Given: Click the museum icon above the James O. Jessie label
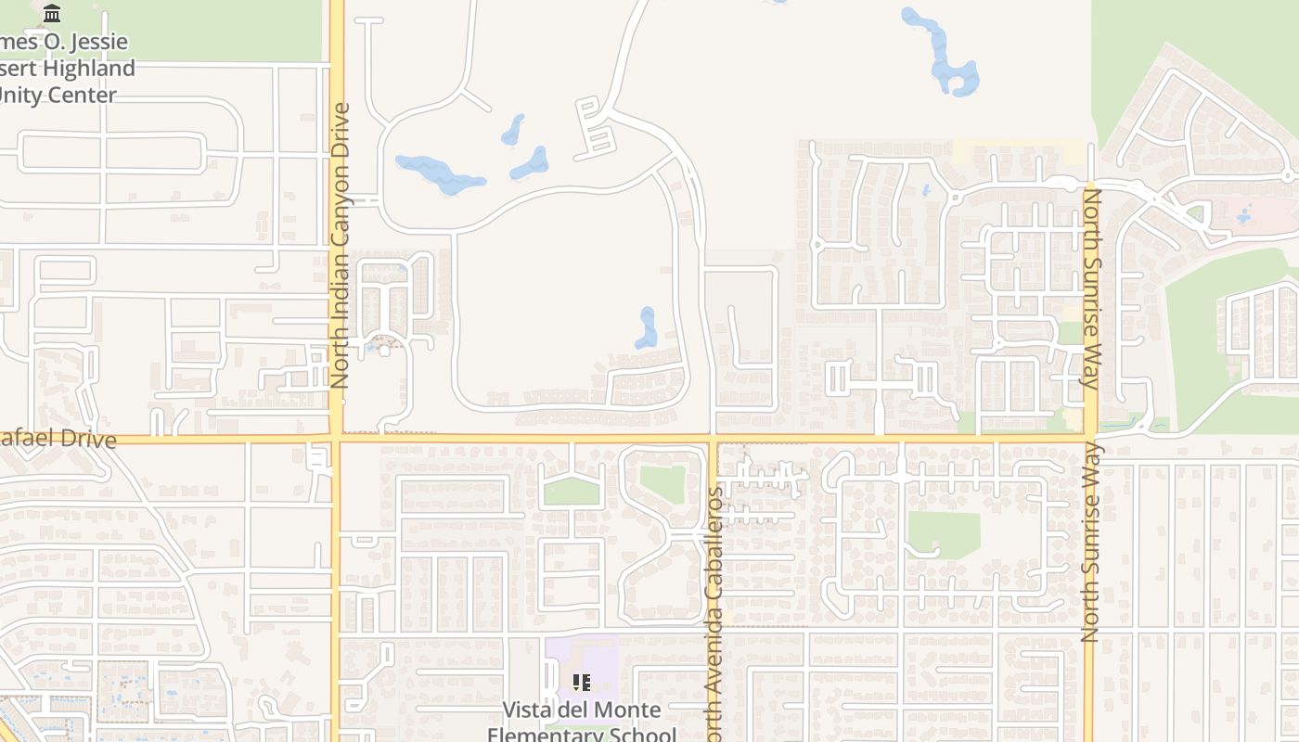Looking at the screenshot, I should click(x=52, y=13).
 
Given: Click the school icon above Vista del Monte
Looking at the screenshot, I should click(x=582, y=684).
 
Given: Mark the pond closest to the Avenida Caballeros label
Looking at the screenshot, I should click(x=646, y=328).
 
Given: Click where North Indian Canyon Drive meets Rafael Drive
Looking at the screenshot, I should click(x=336, y=438).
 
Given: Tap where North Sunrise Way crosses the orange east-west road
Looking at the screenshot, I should click(x=1090, y=437).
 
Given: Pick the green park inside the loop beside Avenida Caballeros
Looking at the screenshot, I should click(x=662, y=483).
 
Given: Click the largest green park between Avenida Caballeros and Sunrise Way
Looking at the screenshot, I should click(x=943, y=533).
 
